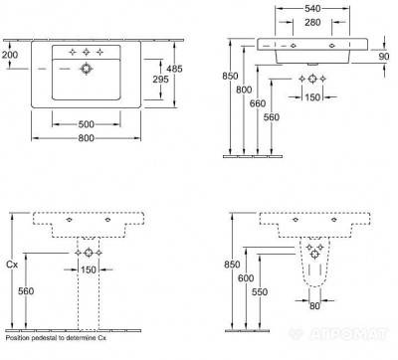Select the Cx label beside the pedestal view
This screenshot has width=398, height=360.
pyautogui.click(x=12, y=267)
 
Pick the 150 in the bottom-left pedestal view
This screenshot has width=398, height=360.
pyautogui.click(x=90, y=270)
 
